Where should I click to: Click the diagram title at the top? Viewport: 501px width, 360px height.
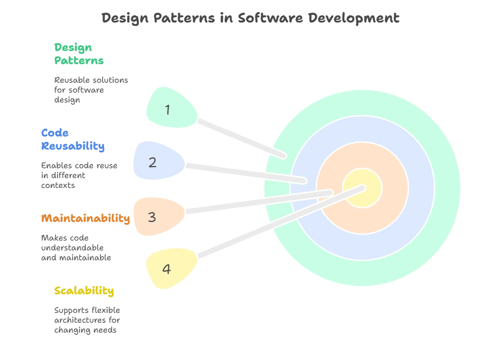[x=252, y=18]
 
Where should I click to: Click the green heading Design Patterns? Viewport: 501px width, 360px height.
[x=78, y=54]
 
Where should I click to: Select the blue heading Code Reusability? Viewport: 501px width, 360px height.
[x=72, y=140]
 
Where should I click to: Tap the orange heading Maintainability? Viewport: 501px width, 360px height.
[x=86, y=219]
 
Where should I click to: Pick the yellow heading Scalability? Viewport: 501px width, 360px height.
[x=83, y=291]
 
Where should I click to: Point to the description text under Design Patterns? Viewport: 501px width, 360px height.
[x=92, y=89]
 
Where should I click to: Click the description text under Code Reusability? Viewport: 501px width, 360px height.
[x=78, y=175]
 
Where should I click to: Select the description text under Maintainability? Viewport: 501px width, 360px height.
[x=76, y=248]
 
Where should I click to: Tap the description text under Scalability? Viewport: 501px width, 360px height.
[x=87, y=319]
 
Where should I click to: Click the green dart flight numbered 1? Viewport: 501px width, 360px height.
[x=170, y=108]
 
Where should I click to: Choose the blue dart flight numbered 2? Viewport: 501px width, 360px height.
[x=157, y=162]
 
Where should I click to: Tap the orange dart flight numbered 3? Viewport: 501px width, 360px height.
[x=157, y=216]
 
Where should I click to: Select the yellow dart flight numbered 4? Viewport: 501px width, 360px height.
[x=170, y=268]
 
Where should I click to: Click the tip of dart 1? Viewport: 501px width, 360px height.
[x=283, y=156]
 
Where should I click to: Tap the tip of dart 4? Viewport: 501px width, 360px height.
[x=363, y=188]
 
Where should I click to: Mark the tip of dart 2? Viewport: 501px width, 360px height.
[x=304, y=180]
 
